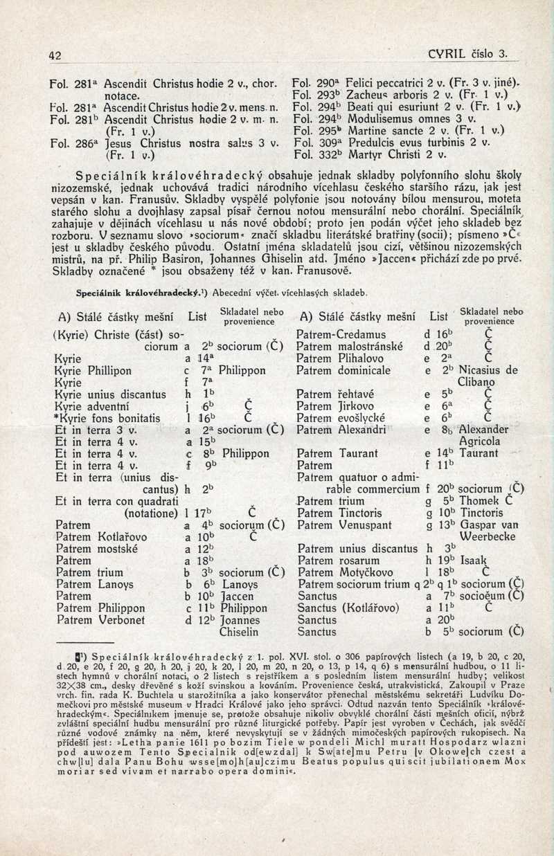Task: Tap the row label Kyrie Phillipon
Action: tap(92, 370)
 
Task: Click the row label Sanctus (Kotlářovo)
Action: tap(347, 608)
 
